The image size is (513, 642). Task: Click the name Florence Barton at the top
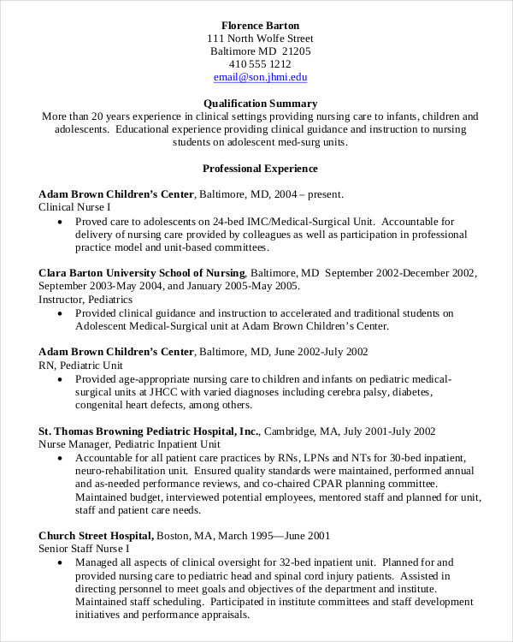click(x=260, y=24)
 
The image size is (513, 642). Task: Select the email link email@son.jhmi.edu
click(x=260, y=77)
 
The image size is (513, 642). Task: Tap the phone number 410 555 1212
click(x=260, y=64)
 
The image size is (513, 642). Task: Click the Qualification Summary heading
click(x=260, y=103)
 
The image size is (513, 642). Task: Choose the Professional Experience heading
click(x=260, y=169)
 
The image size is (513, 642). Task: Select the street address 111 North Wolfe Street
click(x=260, y=39)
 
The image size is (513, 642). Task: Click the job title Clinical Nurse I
click(x=74, y=207)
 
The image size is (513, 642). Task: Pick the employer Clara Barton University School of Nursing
click(x=141, y=272)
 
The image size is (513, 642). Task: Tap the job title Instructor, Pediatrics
click(x=85, y=300)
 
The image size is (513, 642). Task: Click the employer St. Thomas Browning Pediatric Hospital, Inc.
click(x=149, y=431)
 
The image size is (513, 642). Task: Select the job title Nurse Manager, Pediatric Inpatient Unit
click(x=130, y=444)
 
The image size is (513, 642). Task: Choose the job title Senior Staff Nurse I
click(x=84, y=549)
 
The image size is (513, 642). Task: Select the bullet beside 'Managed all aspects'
click(x=59, y=562)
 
